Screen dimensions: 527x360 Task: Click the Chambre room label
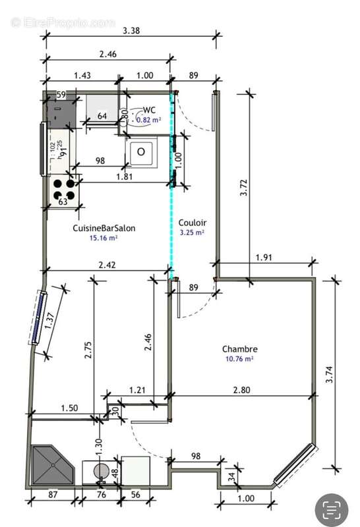pyautogui.click(x=239, y=349)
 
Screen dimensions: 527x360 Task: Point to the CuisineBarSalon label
pyautogui.click(x=104, y=228)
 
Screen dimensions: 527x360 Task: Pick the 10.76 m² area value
pyautogui.click(x=239, y=360)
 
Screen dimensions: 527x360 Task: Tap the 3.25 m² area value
pyautogui.click(x=192, y=233)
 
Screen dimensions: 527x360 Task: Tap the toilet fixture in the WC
pyautogui.click(x=141, y=152)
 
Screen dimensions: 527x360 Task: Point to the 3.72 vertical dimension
pyautogui.click(x=245, y=191)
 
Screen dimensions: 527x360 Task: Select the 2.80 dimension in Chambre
pyautogui.click(x=241, y=391)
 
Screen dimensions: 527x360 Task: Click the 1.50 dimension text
pyautogui.click(x=69, y=408)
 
